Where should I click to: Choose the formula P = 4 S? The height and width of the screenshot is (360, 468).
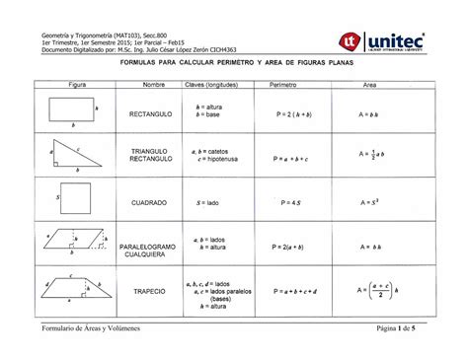pos(289,202)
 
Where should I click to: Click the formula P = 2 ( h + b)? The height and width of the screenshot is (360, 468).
pos(289,114)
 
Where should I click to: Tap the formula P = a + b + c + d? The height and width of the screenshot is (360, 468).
pos(289,292)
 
